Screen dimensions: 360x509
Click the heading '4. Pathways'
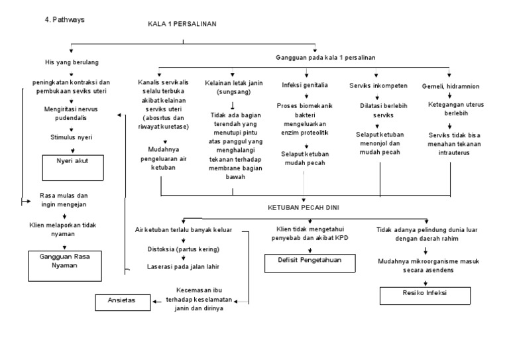click(x=64, y=19)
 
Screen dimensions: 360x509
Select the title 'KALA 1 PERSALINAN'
click(x=183, y=24)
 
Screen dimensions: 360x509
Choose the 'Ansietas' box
click(x=122, y=300)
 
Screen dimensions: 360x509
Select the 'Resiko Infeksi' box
click(x=424, y=292)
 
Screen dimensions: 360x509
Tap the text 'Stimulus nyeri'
click(x=70, y=137)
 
